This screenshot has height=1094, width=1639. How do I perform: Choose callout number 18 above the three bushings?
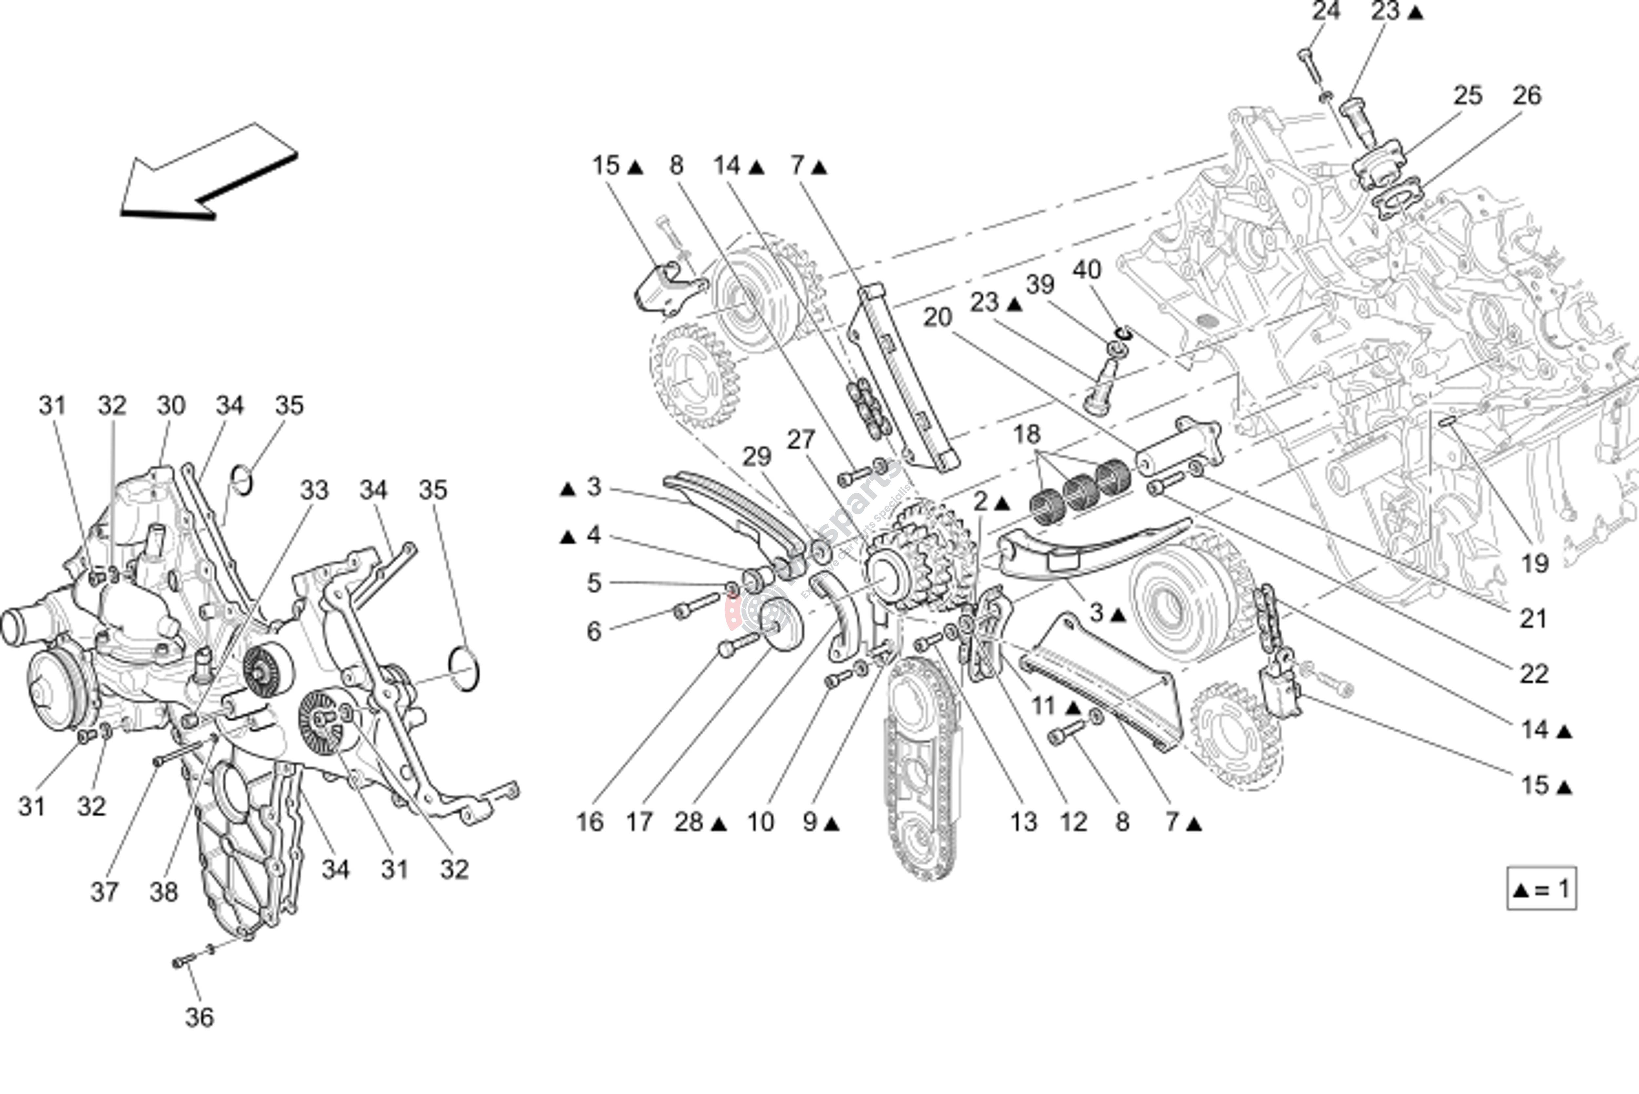[1026, 435]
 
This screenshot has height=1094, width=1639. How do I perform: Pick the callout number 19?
[1534, 563]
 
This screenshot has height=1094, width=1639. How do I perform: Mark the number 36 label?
[199, 1017]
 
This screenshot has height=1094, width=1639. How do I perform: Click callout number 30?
[171, 405]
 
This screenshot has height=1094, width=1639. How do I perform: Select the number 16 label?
[589, 822]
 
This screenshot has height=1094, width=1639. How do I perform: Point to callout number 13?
[1023, 822]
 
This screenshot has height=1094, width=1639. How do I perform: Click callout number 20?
[938, 317]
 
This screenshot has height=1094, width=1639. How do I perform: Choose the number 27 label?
[801, 439]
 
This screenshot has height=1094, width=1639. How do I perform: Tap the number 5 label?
[594, 583]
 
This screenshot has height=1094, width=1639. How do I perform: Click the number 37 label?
[105, 892]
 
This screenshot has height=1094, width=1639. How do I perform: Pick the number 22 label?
[1534, 673]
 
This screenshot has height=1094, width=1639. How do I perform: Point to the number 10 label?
[760, 822]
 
